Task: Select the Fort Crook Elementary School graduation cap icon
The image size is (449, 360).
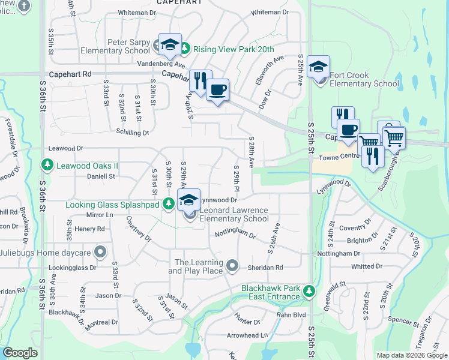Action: click(318, 66)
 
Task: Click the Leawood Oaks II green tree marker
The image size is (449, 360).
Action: click(46, 164)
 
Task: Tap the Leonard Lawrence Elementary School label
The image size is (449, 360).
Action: click(234, 214)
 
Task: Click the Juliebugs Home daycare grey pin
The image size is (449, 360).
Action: click(100, 251)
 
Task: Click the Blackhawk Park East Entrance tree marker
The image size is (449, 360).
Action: click(309, 291)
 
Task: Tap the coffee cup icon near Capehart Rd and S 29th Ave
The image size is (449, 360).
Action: click(217, 90)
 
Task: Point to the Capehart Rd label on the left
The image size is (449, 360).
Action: click(70, 74)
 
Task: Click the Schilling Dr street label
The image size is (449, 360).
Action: click(131, 133)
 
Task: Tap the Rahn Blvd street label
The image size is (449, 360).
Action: click(291, 314)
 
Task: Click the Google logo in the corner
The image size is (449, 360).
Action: click(20, 353)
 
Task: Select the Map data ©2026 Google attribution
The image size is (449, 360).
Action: click(412, 355)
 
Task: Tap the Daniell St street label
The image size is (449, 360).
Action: click(100, 176)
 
